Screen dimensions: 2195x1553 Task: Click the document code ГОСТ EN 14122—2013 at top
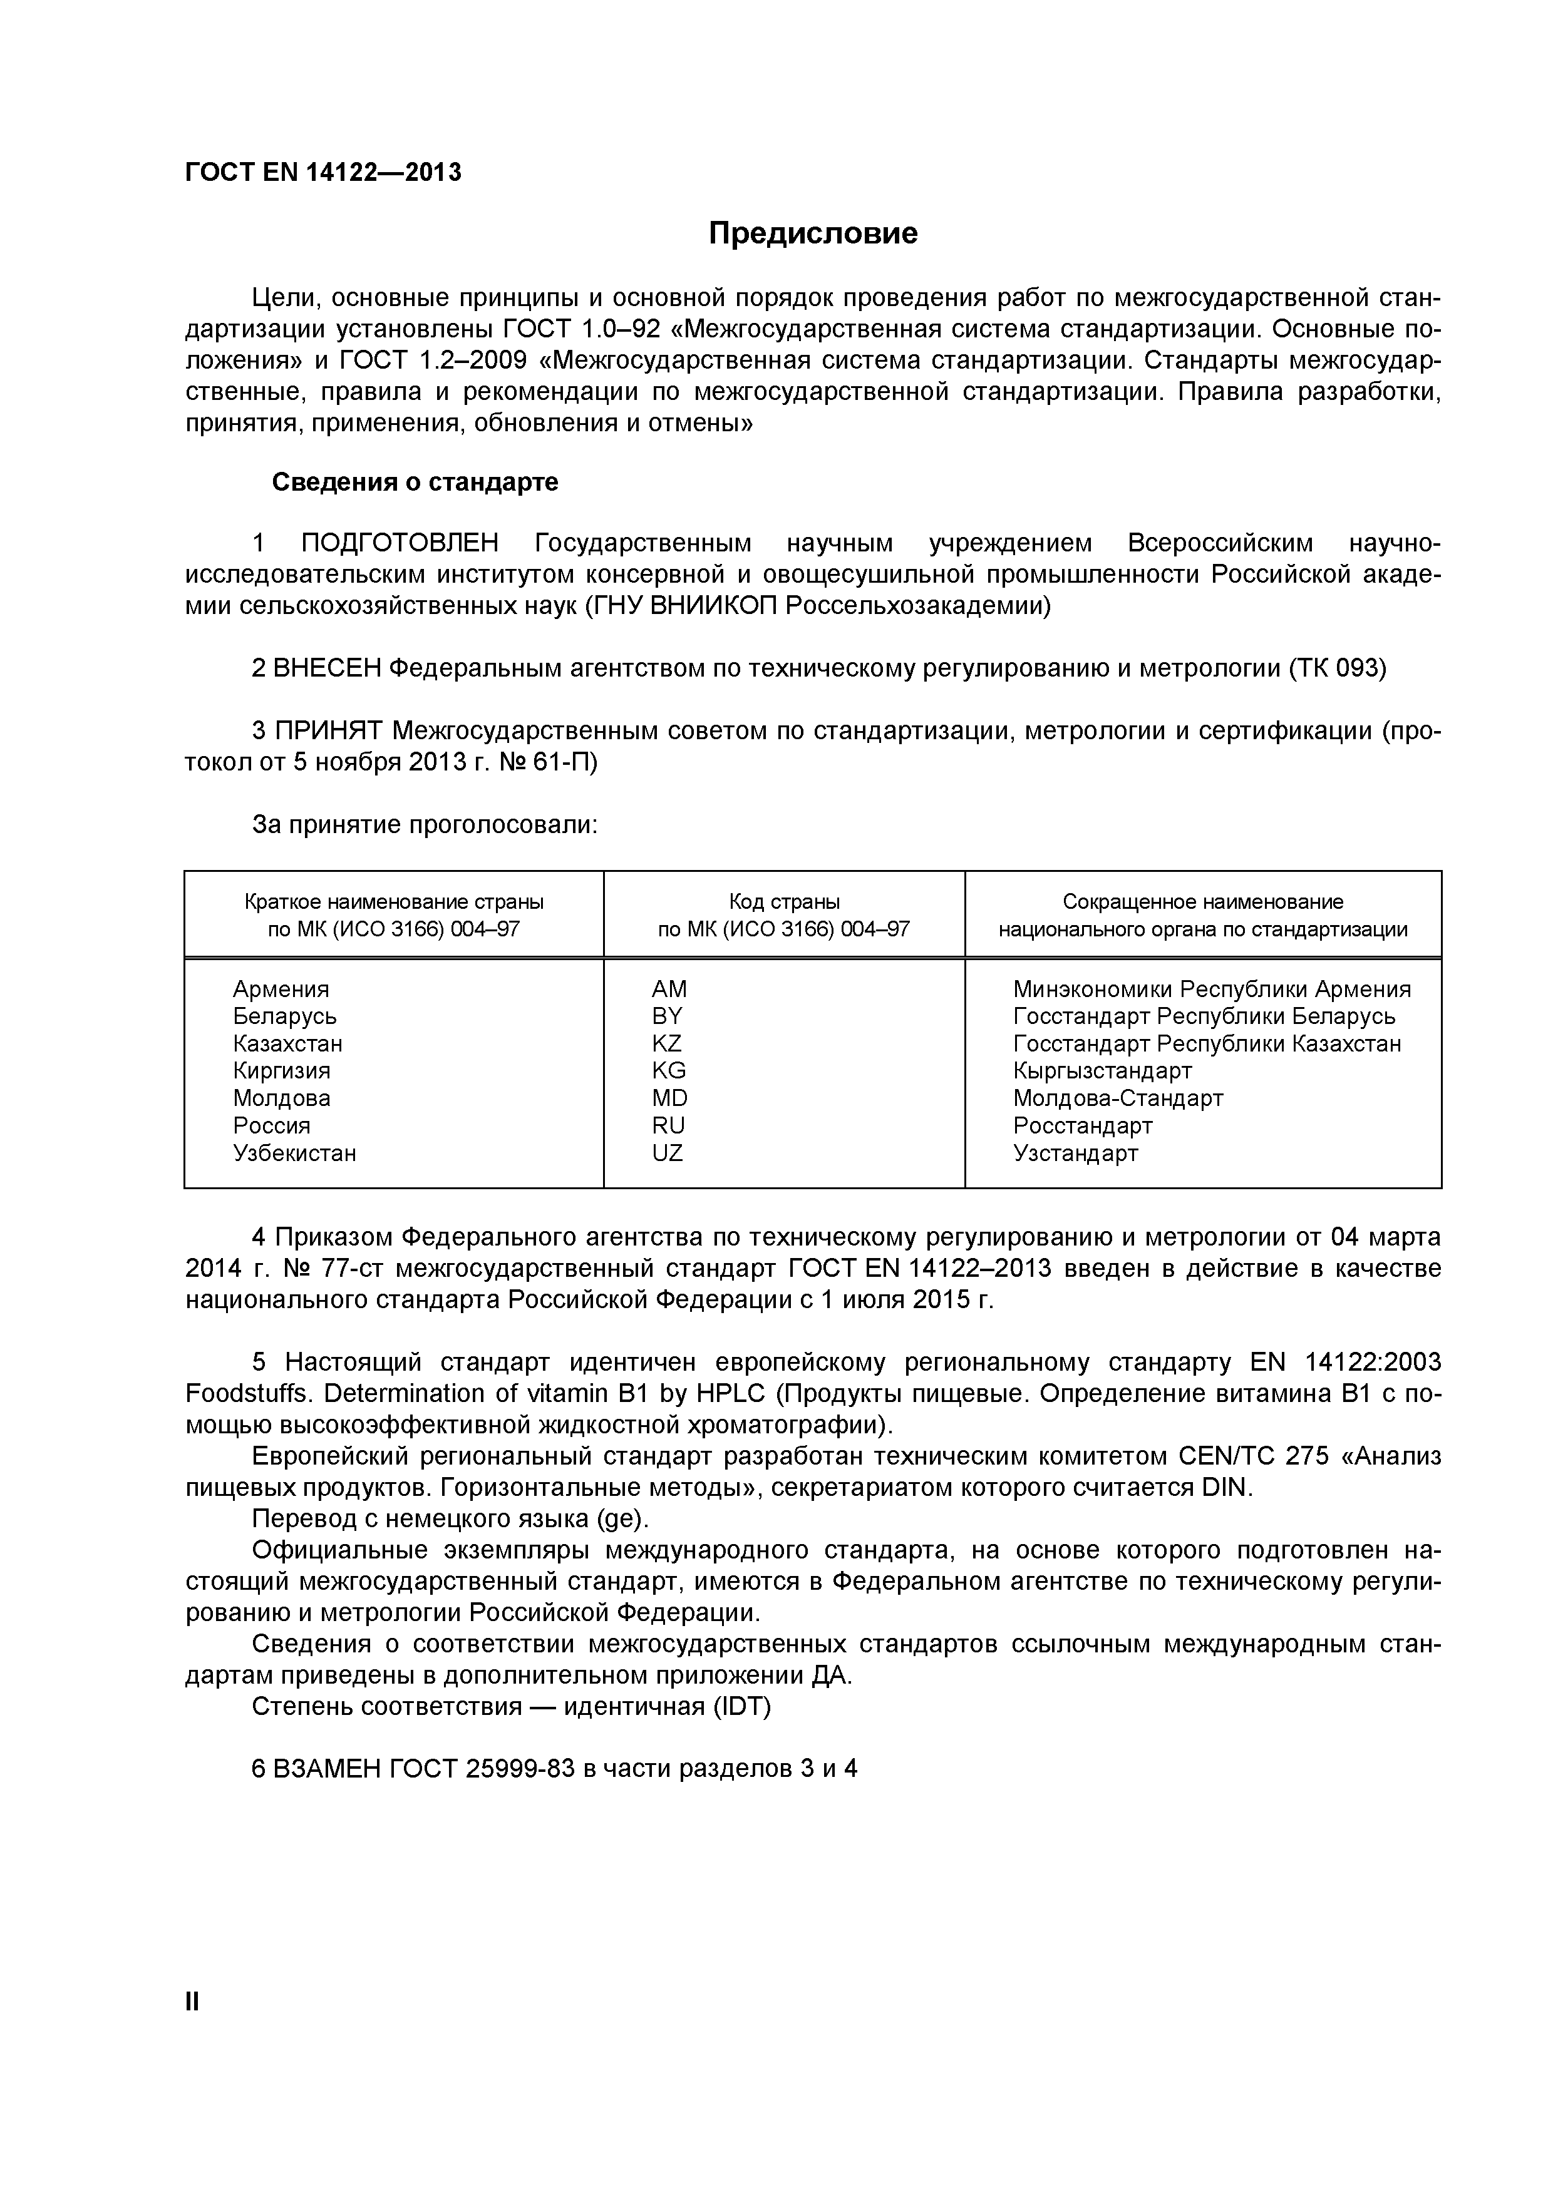pyautogui.click(x=322, y=172)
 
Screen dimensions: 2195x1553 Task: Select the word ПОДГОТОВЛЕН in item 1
pyautogui.click(x=400, y=543)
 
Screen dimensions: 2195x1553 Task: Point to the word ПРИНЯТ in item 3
pyautogui.click(x=328, y=730)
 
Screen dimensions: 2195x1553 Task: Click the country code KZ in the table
pyautogui.click(x=666, y=1043)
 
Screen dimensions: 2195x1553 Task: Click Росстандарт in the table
pyautogui.click(x=1083, y=1125)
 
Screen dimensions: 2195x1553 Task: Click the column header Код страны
pyautogui.click(x=783, y=901)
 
